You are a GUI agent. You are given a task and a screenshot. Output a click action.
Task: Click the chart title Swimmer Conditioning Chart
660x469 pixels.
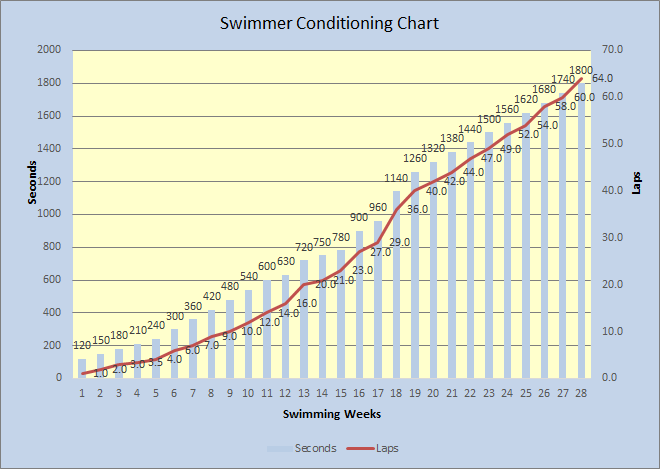[329, 22]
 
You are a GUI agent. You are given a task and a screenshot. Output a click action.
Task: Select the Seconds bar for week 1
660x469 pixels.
[82, 368]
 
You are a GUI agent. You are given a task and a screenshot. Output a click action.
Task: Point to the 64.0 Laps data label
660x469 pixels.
[602, 78]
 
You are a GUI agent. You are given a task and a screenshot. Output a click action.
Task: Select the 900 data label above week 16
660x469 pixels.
[360, 218]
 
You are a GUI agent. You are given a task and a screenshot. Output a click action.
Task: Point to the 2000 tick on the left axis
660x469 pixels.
[49, 50]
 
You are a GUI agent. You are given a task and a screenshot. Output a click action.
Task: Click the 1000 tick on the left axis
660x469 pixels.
[49, 214]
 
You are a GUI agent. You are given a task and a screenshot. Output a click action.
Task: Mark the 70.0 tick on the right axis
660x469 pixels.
[612, 50]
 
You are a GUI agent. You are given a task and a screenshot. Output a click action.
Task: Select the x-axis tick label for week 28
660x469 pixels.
[581, 393]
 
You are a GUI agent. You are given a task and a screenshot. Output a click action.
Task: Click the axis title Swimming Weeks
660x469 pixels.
[331, 413]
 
